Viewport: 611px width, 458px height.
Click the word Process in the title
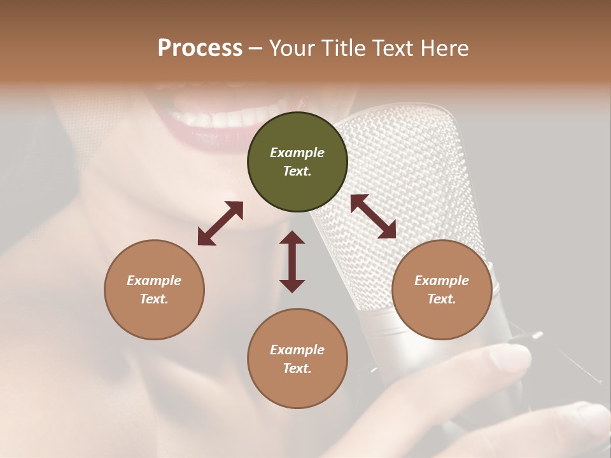pyautogui.click(x=200, y=48)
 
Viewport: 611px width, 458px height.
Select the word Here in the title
pyautogui.click(x=446, y=48)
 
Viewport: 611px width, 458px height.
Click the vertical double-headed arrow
pyautogui.click(x=292, y=261)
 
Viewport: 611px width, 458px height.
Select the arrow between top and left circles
pyautogui.click(x=220, y=223)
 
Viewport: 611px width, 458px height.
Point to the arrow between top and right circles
pyautogui.click(x=374, y=216)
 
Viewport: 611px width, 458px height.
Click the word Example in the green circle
pyautogui.click(x=297, y=153)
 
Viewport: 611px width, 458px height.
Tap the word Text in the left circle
pyautogui.click(x=154, y=299)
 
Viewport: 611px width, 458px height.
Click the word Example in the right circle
pyautogui.click(x=441, y=281)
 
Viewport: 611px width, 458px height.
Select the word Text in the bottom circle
pyautogui.click(x=297, y=368)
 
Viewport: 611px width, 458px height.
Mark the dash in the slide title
pyautogui.click(x=255, y=48)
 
